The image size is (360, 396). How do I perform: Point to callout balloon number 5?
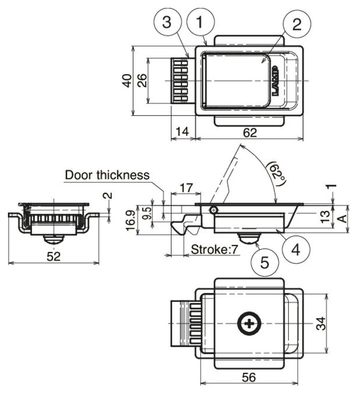pyautogui.click(x=265, y=263)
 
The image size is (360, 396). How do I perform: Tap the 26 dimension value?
pyautogui.click(x=142, y=81)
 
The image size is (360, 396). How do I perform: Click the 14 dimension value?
pyautogui.click(x=183, y=133)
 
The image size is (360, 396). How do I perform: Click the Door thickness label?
pyautogui.click(x=107, y=175)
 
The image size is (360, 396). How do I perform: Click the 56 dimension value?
pyautogui.click(x=249, y=377)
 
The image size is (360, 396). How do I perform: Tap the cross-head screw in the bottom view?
pyautogui.click(x=249, y=324)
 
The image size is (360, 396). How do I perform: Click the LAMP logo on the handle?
pyautogui.click(x=275, y=81)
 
